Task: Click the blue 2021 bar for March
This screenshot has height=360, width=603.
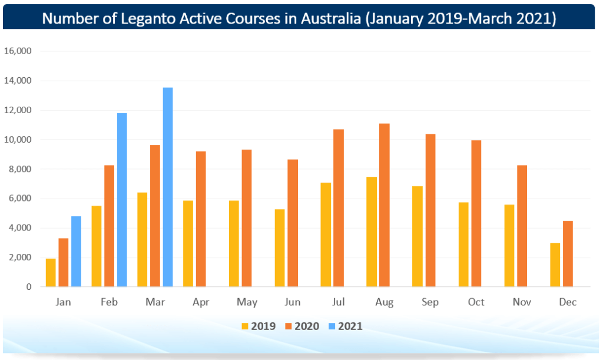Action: (168, 187)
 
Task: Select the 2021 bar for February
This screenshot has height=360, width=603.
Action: (122, 200)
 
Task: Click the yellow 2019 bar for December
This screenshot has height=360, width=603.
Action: (555, 265)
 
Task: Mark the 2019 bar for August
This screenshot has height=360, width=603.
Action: (372, 232)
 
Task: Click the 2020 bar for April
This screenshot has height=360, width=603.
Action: (201, 219)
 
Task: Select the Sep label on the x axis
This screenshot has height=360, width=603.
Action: (430, 302)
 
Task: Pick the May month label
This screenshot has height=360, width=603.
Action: (247, 302)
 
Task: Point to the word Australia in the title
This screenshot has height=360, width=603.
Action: (324, 17)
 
